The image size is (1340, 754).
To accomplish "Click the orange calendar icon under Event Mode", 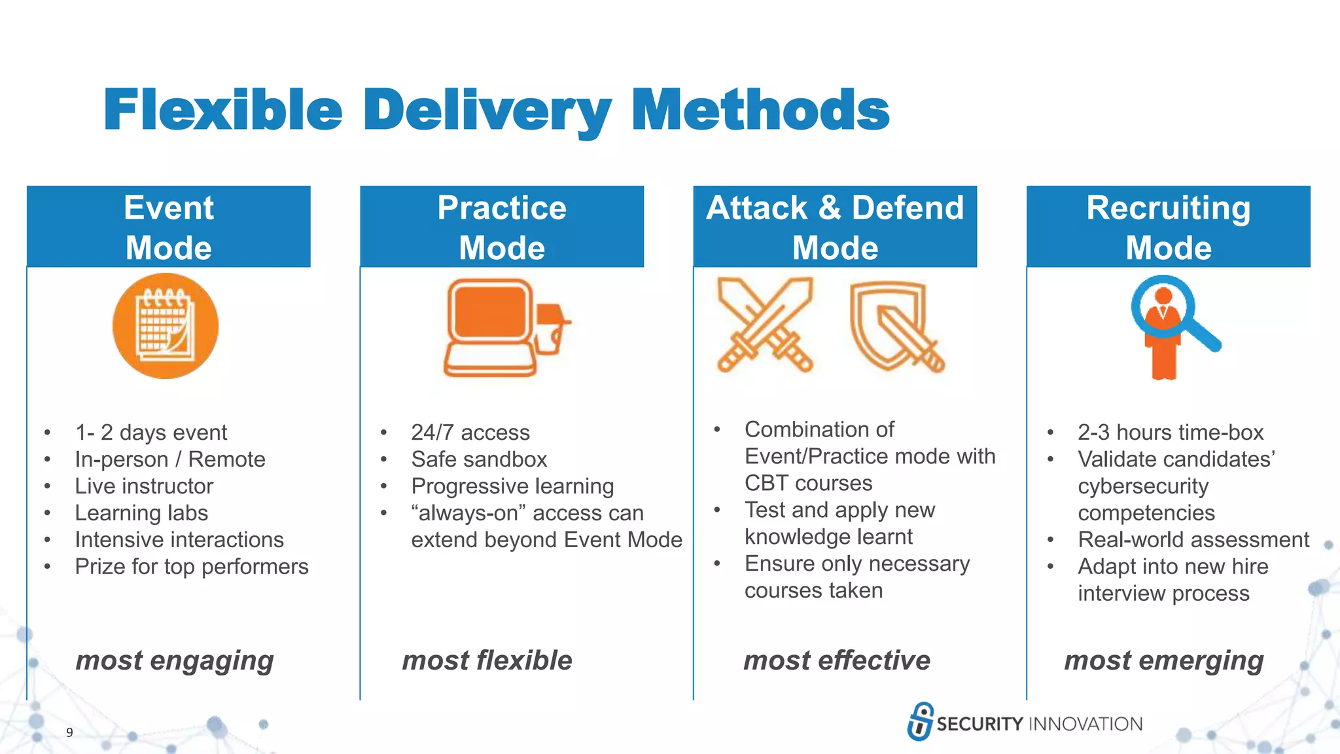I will (x=166, y=326).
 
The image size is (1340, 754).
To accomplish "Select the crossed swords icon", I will (x=765, y=325).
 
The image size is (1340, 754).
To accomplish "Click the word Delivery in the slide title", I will (x=487, y=110).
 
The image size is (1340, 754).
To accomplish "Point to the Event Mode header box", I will (x=169, y=226).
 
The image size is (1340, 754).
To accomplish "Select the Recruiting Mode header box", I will (x=1168, y=226).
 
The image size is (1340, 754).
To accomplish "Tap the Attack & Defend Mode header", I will (x=835, y=226).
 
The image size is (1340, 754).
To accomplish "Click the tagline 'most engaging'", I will (x=175, y=660).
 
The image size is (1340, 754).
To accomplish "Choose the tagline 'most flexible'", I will (x=487, y=660).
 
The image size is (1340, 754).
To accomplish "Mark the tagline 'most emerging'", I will (x=1164, y=660).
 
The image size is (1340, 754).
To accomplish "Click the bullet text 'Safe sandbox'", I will (x=479, y=459).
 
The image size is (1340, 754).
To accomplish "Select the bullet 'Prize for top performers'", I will (x=191, y=567).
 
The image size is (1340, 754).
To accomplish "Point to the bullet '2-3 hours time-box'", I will (x=1171, y=433).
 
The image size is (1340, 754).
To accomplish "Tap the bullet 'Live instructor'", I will (x=144, y=486).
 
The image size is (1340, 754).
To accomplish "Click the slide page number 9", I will (x=69, y=732).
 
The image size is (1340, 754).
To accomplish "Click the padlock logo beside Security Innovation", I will (x=920, y=721).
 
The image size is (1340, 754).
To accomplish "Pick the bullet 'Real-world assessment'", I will (x=1193, y=540).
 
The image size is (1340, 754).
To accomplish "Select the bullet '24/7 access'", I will (x=470, y=433).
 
